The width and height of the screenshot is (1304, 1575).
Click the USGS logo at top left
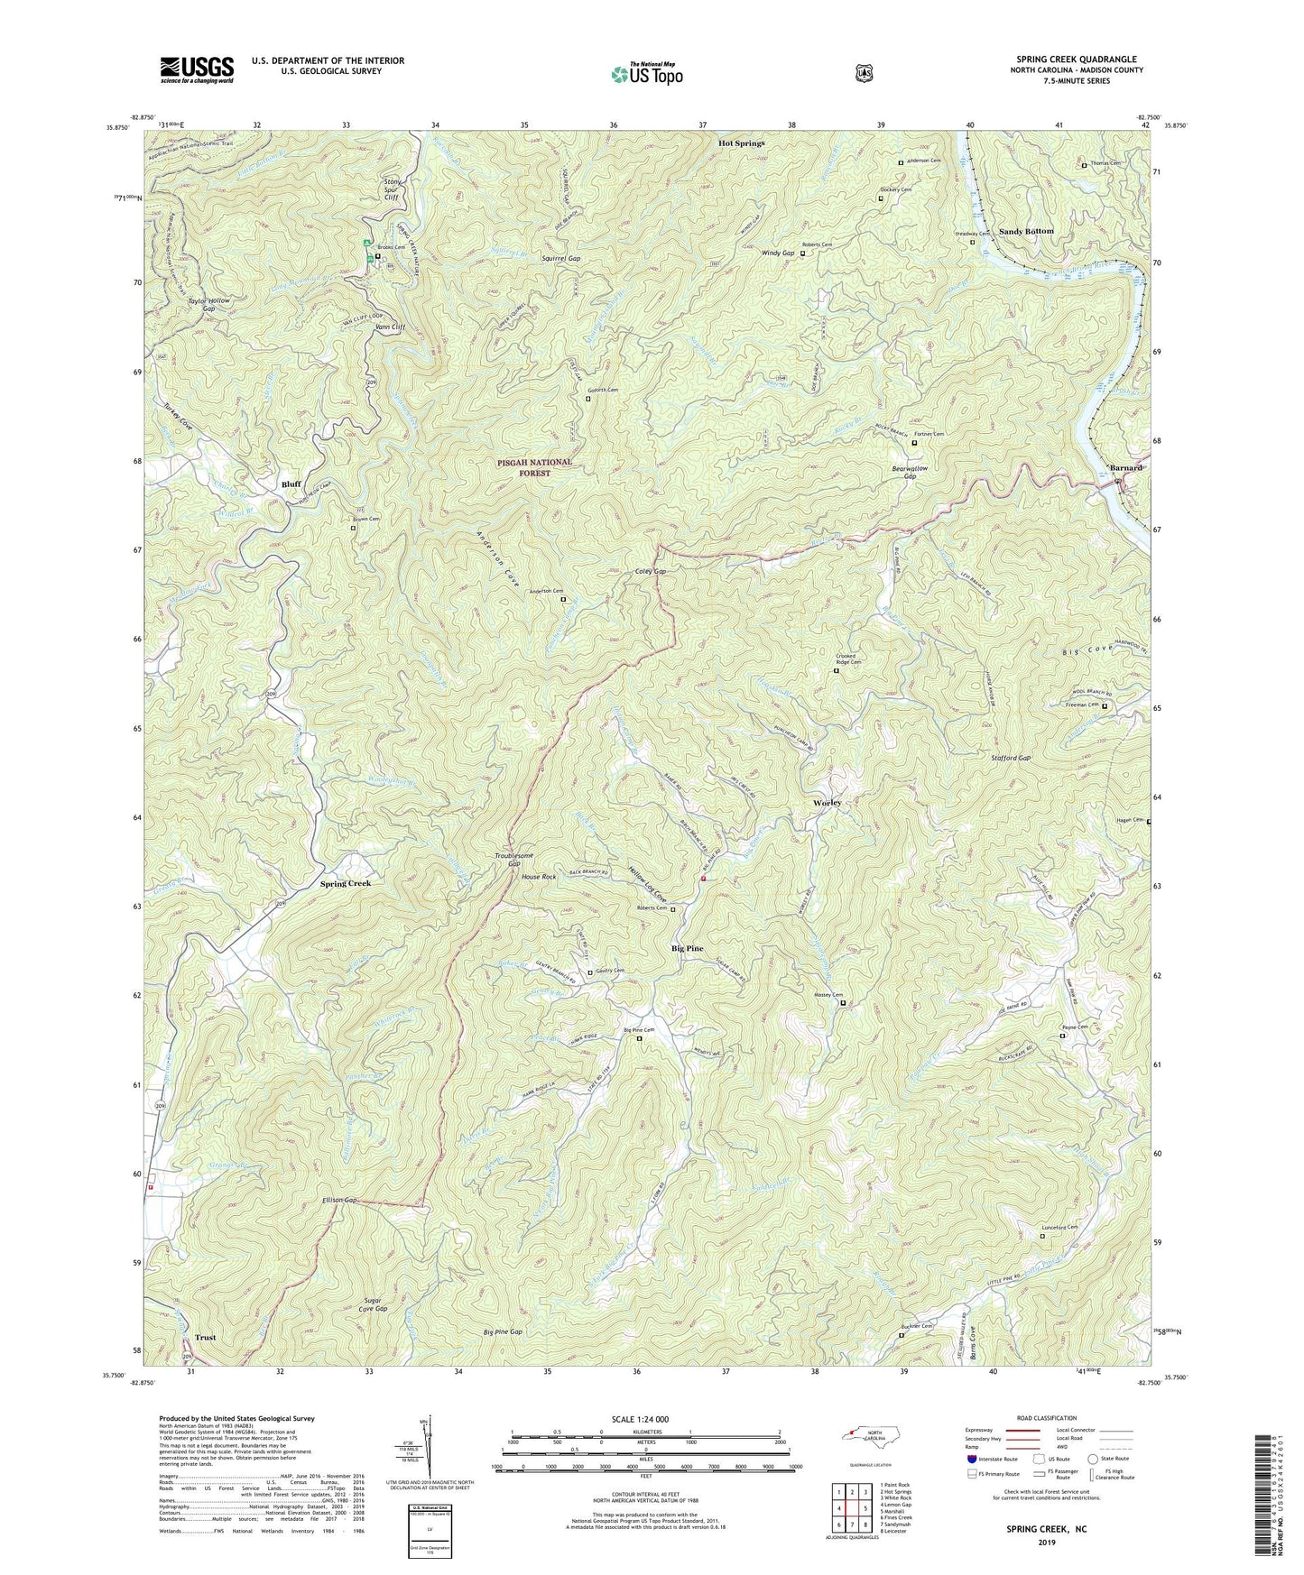(x=197, y=69)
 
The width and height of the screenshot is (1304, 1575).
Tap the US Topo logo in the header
(x=645, y=73)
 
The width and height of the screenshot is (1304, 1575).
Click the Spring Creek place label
(x=346, y=883)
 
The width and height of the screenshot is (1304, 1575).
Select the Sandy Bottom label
(x=1026, y=232)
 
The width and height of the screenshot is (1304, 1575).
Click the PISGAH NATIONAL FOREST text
(x=534, y=467)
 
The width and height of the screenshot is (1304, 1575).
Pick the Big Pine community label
(x=688, y=949)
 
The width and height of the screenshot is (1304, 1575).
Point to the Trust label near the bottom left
(x=205, y=1338)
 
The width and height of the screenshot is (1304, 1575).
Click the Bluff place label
(x=291, y=484)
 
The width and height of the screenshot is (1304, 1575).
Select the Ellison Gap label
(x=340, y=1201)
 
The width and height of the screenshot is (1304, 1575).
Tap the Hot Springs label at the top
(x=741, y=143)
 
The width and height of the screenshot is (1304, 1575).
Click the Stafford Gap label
(x=1010, y=759)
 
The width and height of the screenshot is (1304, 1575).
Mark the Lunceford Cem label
(x=1059, y=1227)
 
